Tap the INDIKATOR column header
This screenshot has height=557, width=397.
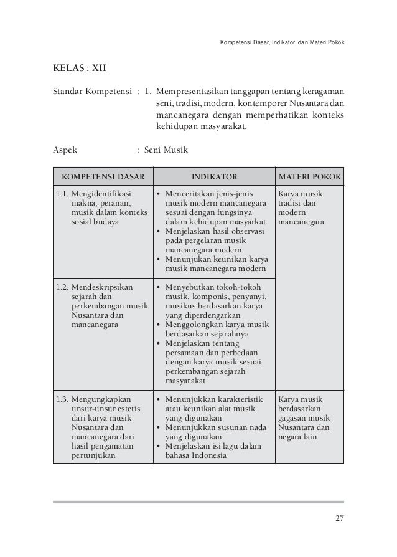coord(213,176)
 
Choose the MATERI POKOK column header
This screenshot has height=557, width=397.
coord(309,176)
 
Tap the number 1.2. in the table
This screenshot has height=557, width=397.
coord(62,288)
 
